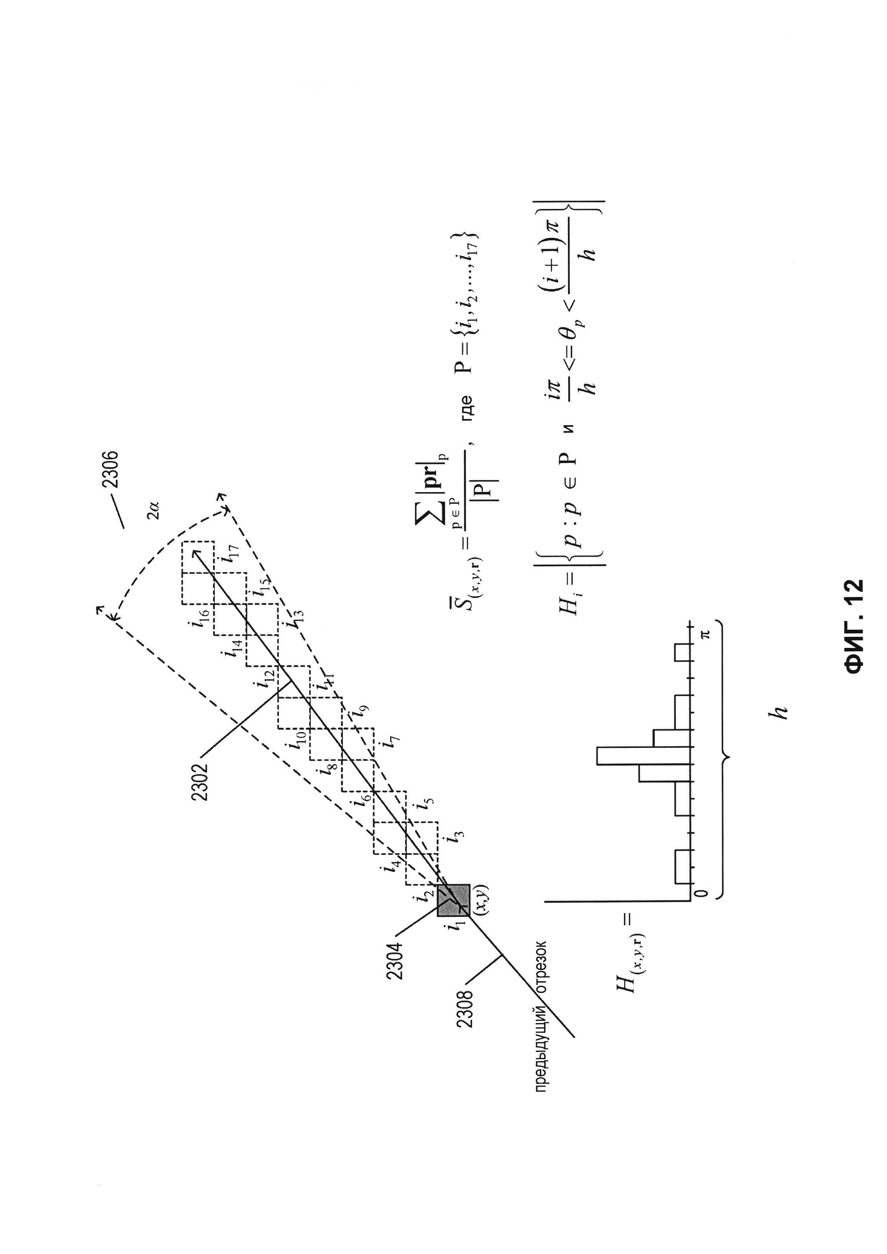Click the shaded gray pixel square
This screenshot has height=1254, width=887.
(x=453, y=900)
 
